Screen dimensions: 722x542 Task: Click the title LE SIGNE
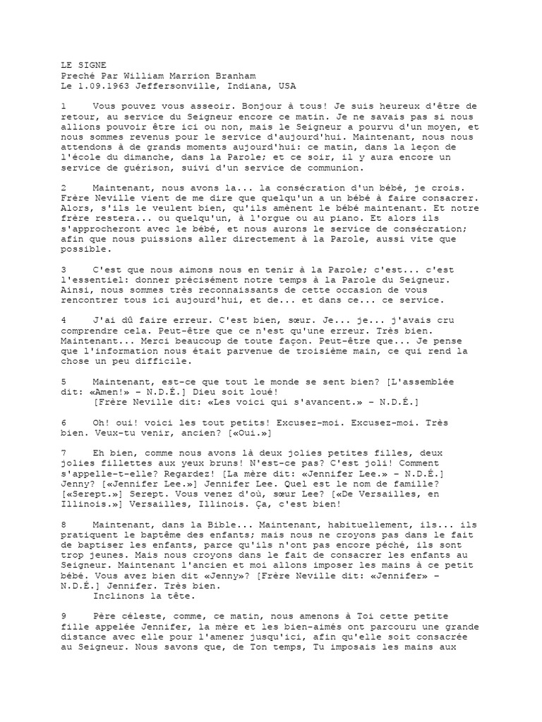pyautogui.click(x=84, y=64)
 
